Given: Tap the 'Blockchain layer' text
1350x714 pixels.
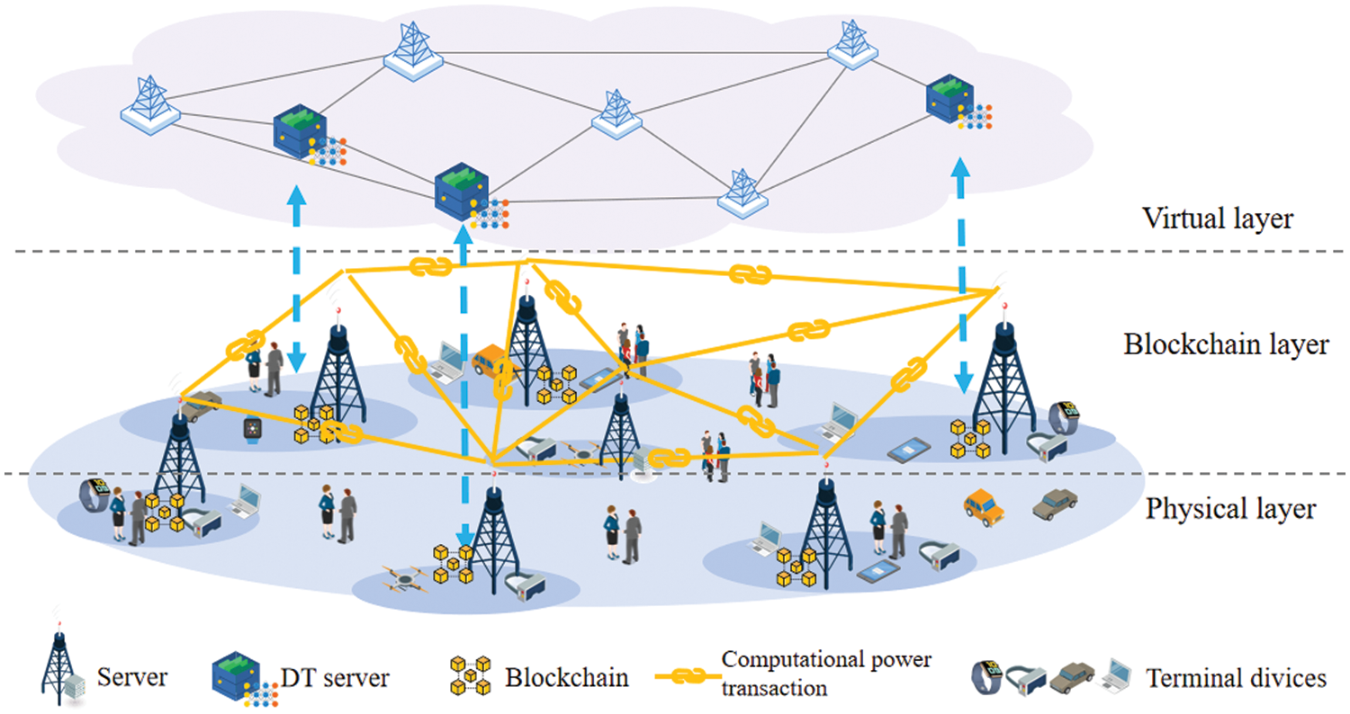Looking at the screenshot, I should click(1227, 344).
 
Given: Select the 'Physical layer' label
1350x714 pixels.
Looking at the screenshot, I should click(1231, 510).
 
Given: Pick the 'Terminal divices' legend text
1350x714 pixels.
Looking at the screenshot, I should click(1237, 677).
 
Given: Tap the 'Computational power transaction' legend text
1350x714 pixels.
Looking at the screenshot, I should click(826, 672).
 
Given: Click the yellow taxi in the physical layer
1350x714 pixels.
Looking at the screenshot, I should click(984, 506).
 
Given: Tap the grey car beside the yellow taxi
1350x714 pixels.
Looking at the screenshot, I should click(1055, 504).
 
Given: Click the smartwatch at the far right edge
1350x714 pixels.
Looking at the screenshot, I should click(1065, 415).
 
